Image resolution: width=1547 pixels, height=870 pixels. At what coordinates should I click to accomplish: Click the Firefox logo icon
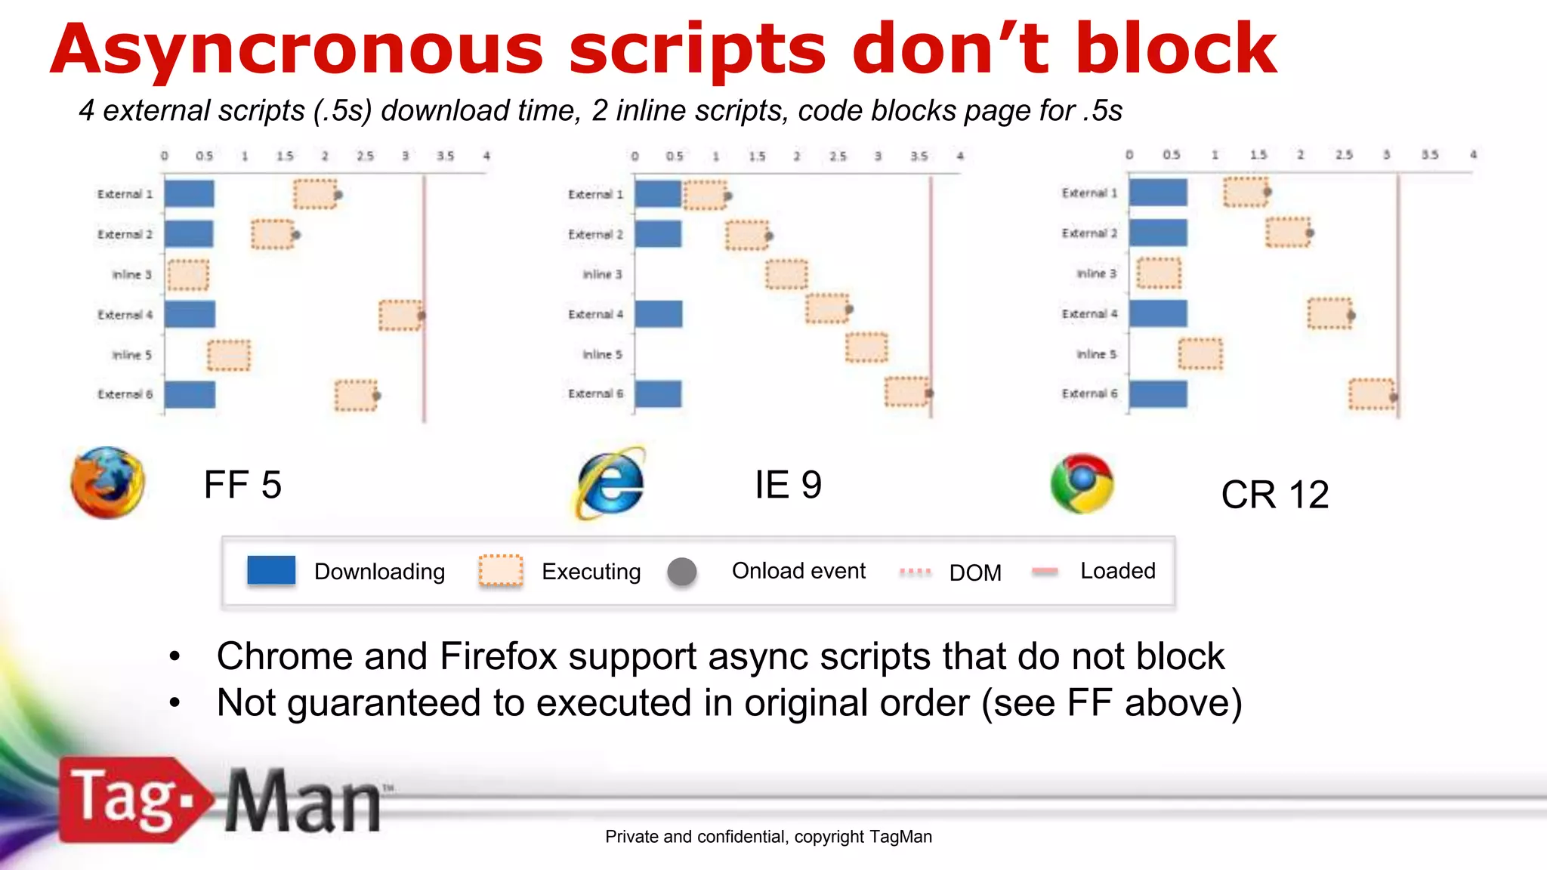pyautogui.click(x=108, y=483)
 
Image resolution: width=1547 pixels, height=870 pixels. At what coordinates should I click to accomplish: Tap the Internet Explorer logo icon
pyautogui.click(x=611, y=483)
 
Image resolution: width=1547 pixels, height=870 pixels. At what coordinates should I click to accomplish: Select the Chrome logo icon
pyautogui.click(x=1082, y=483)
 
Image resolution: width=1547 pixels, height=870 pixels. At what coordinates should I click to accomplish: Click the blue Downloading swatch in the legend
pyautogui.click(x=271, y=570)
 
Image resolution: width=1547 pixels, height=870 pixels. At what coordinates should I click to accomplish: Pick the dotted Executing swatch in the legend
pyautogui.click(x=500, y=570)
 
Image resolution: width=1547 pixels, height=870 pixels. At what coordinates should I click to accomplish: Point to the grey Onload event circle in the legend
pyautogui.click(x=682, y=572)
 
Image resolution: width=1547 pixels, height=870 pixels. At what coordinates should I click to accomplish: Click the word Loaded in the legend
pyautogui.click(x=1117, y=571)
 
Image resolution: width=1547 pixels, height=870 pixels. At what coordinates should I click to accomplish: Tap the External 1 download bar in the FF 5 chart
pyautogui.click(x=189, y=193)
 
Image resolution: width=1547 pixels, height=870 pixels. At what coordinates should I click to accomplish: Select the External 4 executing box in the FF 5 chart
pyautogui.click(x=400, y=315)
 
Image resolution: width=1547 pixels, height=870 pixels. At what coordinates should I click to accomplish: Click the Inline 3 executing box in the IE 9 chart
pyautogui.click(x=786, y=274)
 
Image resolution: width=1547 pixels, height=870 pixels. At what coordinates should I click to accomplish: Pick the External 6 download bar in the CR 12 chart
pyautogui.click(x=1158, y=394)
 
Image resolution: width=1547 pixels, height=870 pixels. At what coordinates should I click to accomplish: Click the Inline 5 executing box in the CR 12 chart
pyautogui.click(x=1200, y=354)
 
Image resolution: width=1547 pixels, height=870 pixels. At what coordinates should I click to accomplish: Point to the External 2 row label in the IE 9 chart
pyautogui.click(x=595, y=235)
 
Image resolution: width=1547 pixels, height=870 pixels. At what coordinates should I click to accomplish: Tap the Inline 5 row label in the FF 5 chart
pyautogui.click(x=132, y=355)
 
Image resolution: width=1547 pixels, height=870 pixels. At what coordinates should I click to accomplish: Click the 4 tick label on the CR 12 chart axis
pyautogui.click(x=1473, y=154)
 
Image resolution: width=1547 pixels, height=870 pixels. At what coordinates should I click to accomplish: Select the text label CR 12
pyautogui.click(x=1274, y=495)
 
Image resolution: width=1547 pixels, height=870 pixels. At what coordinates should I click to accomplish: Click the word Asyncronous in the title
pyautogui.click(x=296, y=50)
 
